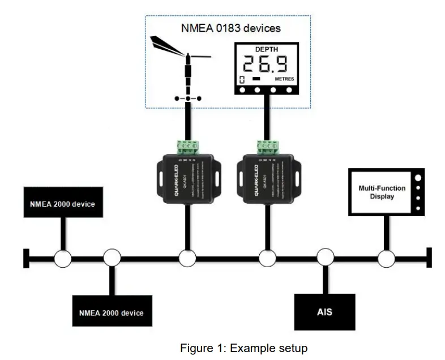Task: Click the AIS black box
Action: pos(324,312)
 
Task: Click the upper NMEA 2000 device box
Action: pos(63,204)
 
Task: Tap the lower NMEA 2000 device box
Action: pos(111,312)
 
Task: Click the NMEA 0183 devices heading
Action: pos(230,27)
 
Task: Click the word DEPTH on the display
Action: pos(267,49)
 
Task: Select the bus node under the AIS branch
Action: pos(325,259)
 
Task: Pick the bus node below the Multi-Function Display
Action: pos(386,259)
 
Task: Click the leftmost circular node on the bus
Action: pos(63,259)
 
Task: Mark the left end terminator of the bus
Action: pos(26,259)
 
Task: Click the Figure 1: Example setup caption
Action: pos(243,348)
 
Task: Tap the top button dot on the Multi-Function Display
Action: pos(418,177)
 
